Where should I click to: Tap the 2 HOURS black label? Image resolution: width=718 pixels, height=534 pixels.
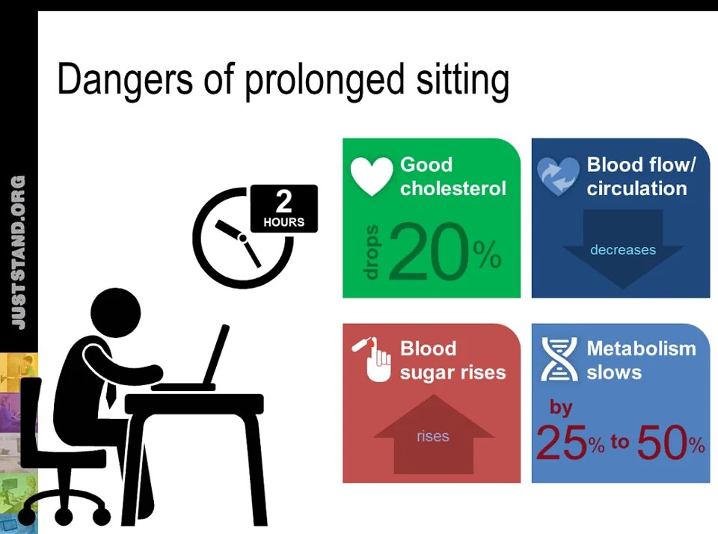coord(283,208)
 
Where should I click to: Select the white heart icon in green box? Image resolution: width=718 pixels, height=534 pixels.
coord(372,176)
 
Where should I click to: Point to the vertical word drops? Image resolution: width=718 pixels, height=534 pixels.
coord(372,252)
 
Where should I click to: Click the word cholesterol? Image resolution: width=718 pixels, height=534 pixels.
coord(452,188)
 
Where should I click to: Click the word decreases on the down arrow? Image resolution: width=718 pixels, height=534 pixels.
coord(622,250)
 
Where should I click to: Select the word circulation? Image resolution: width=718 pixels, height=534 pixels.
coord(636,188)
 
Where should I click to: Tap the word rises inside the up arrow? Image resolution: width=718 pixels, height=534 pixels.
coord(432,436)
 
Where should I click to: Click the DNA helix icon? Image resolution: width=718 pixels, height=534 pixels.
coord(558,359)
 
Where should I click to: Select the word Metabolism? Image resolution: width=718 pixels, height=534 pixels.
coord(641,349)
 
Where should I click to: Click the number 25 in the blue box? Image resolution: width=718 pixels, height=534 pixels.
coord(561,444)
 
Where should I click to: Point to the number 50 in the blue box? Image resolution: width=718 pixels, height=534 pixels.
coord(662,444)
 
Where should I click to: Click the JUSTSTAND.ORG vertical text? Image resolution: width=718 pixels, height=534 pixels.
coord(19,252)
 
